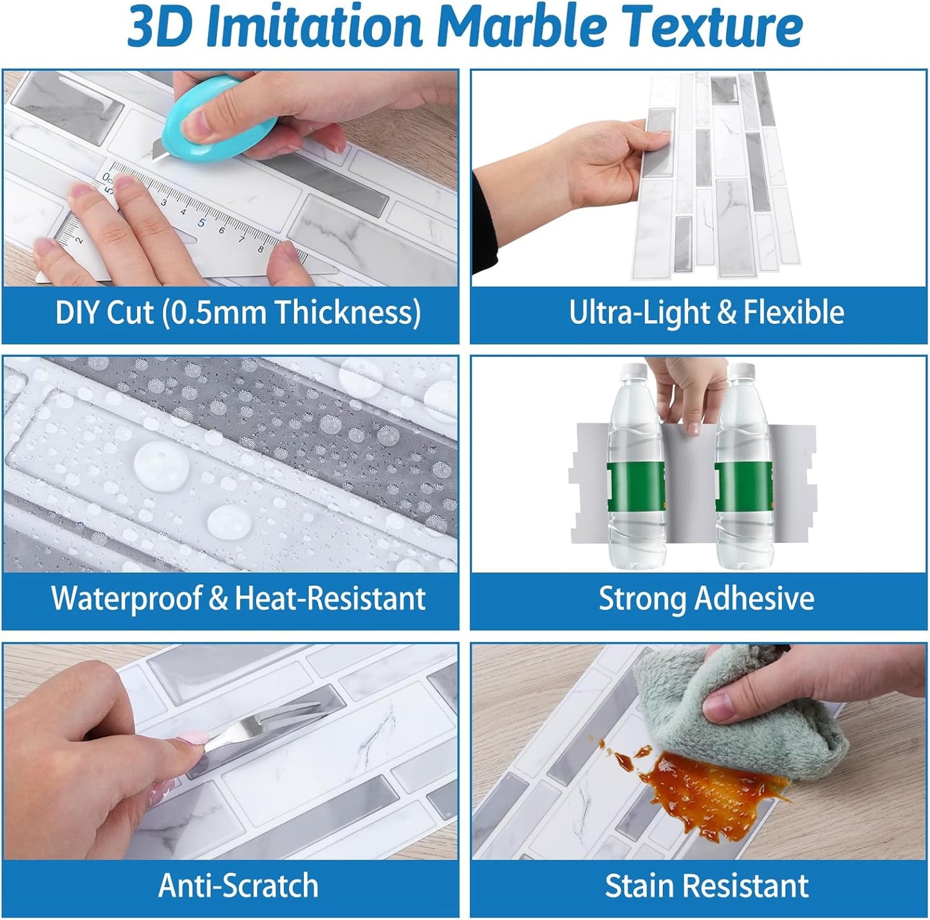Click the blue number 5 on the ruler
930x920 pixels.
201,223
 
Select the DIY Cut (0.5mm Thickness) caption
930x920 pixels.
238,312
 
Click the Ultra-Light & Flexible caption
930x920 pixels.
706,312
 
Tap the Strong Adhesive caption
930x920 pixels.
706,598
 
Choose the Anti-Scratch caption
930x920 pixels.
238,885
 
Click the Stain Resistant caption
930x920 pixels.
706,885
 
